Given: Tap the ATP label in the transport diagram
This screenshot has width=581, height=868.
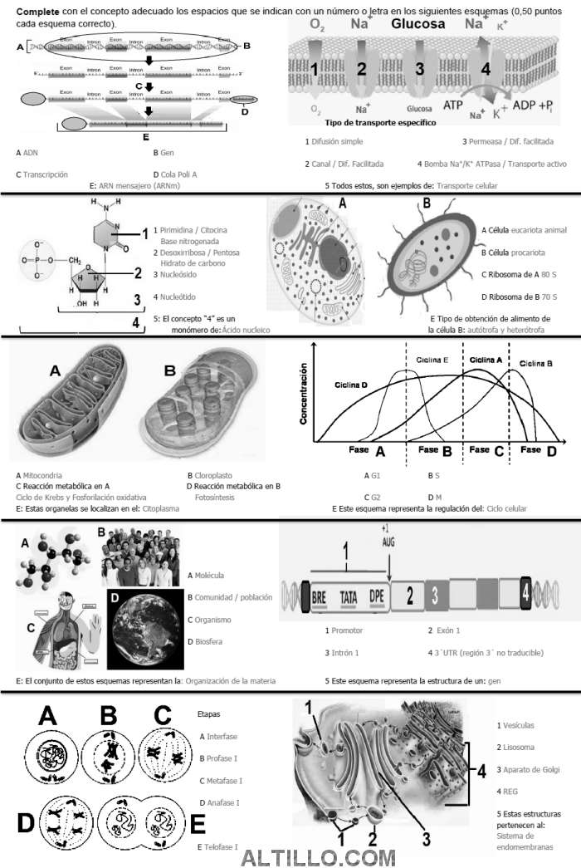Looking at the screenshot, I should (453, 105).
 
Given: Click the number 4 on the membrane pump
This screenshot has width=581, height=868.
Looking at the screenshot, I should (486, 70).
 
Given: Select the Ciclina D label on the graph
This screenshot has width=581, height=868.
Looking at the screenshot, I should (351, 385).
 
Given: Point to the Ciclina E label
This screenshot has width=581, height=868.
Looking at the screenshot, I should (432, 360).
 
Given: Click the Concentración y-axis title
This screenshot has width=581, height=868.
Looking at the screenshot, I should (305, 393).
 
